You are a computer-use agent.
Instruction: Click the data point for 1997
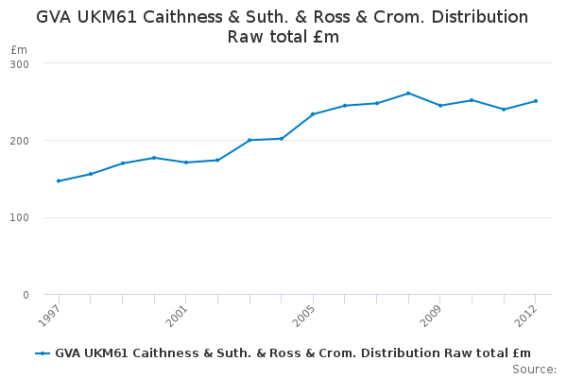(59, 180)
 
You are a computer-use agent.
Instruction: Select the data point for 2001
(186, 163)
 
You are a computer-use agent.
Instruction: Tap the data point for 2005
(313, 114)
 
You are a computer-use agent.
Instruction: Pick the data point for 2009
(440, 105)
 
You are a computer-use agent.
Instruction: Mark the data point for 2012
(536, 101)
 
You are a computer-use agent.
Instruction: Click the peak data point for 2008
(408, 94)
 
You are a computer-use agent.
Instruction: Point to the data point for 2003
(249, 140)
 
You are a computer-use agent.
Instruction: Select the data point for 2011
(504, 110)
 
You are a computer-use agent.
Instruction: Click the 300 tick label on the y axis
(20, 63)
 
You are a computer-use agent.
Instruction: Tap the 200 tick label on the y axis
(20, 141)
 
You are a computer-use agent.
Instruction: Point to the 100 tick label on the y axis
(20, 218)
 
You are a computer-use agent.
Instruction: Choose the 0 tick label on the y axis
(26, 295)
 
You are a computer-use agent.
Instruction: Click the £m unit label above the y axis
(19, 49)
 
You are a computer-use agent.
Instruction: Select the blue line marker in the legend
(43, 353)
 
